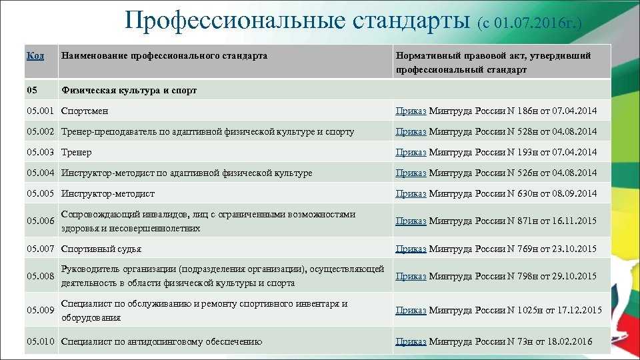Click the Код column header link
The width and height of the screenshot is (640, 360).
(x=35, y=55)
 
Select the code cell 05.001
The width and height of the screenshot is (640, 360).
(x=40, y=111)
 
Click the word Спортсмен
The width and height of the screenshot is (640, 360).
(x=85, y=111)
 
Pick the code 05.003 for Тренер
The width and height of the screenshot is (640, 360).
(x=40, y=152)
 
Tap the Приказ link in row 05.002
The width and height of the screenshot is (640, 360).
(x=411, y=132)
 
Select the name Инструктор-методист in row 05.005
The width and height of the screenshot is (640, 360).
(x=108, y=193)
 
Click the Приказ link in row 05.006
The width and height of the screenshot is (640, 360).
(x=411, y=221)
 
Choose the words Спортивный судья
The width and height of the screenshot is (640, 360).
(x=101, y=249)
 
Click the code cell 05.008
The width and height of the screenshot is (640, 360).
(x=40, y=276)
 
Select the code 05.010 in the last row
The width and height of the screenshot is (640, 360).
(x=40, y=341)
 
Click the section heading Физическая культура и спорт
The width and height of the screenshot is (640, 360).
(x=129, y=90)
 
